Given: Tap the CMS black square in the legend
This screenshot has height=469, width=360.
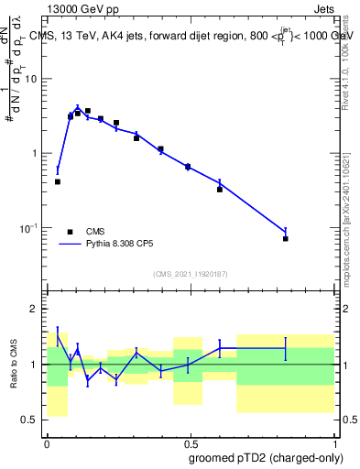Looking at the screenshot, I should click(71, 232).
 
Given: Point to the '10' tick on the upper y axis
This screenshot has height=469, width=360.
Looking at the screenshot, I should click(31, 79).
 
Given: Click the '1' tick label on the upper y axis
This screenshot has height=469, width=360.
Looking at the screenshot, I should click(35, 153).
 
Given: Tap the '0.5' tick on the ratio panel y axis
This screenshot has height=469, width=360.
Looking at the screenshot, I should click(29, 420).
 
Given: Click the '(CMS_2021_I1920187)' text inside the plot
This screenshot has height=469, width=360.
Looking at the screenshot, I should click(190, 273).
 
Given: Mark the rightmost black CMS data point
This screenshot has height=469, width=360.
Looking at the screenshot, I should click(286, 238).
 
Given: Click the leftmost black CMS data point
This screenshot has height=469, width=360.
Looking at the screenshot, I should click(58, 181).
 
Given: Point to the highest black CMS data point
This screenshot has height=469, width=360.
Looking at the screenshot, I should click(88, 111).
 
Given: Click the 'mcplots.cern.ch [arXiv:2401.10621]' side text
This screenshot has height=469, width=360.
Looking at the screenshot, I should click(352, 224).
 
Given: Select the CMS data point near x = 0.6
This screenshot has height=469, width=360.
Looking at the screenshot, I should click(220, 189).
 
